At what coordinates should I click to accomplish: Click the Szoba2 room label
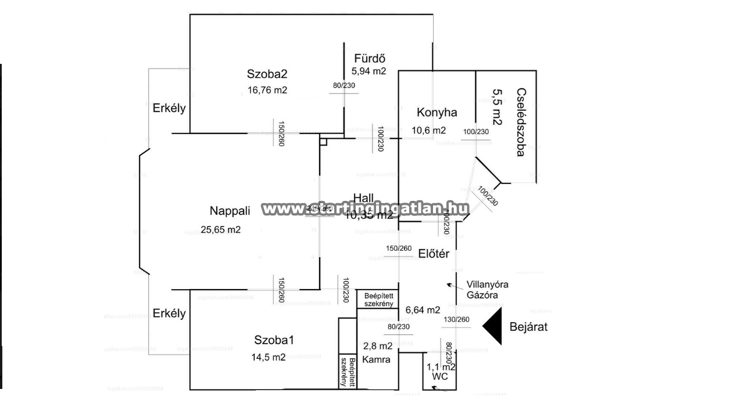pyautogui.click(x=267, y=74)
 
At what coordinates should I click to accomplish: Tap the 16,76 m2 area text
pyautogui.click(x=267, y=90)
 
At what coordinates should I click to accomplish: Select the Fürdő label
pyautogui.click(x=370, y=59)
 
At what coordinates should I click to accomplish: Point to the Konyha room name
pyautogui.click(x=437, y=113)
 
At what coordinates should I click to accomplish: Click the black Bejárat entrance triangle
pyautogui.click(x=493, y=327)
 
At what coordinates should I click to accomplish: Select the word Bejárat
pyautogui.click(x=528, y=327)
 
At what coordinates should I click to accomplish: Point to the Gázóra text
pyautogui.click(x=482, y=295)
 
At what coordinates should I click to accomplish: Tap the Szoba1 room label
pyautogui.click(x=274, y=340)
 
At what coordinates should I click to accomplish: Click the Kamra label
pyautogui.click(x=375, y=359)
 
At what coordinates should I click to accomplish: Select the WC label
pyautogui.click(x=440, y=376)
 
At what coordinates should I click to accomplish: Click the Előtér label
pyautogui.click(x=434, y=253)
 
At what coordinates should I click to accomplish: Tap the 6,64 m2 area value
pyautogui.click(x=423, y=310)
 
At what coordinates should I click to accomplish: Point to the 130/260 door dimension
pyautogui.click(x=456, y=320)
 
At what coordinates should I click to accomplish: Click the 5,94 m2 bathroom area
pyautogui.click(x=369, y=71)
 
